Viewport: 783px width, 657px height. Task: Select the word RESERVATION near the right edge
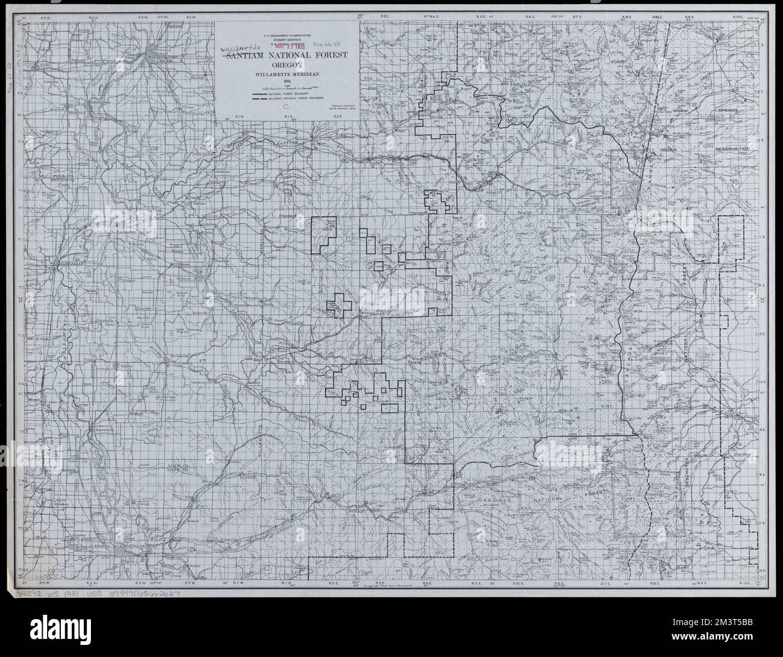coord(732,148)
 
